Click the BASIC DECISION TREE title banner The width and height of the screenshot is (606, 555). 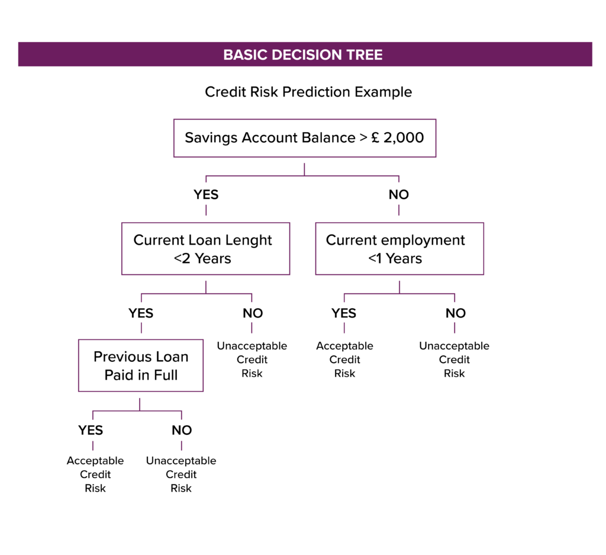pos(305,54)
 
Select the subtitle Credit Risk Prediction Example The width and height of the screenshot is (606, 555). pos(308,92)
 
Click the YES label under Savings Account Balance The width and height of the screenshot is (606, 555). pos(206,194)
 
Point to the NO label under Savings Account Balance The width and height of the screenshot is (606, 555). pos(398,194)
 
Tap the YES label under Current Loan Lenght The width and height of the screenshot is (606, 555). pos(141,313)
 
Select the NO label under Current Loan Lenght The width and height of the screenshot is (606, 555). pos(253,313)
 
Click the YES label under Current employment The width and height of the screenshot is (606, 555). pos(344,313)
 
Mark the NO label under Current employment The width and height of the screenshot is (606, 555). pos(456,313)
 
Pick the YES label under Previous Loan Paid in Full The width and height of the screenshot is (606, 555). pos(91,430)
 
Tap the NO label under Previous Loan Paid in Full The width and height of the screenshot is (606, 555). pos(182,430)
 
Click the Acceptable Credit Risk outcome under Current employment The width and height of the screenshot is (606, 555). pos(345,360)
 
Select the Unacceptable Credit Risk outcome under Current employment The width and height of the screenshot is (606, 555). pos(454,360)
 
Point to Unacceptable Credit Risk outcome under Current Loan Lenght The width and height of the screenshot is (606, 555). pos(252,360)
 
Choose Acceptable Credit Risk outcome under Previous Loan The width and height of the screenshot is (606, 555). pos(95,474)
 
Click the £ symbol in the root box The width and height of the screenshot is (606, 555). pos(375,137)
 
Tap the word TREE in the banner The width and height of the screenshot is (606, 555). pos(365,54)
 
